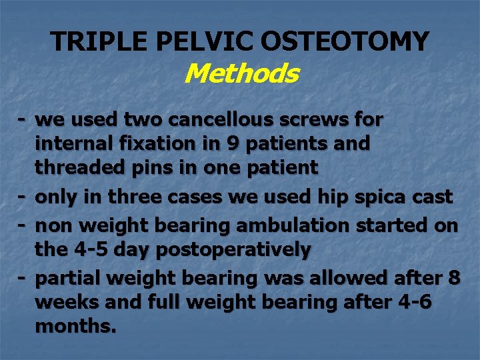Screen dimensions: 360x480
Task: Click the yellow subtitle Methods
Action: click(x=241, y=73)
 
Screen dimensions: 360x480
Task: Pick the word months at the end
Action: click(x=75, y=327)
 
